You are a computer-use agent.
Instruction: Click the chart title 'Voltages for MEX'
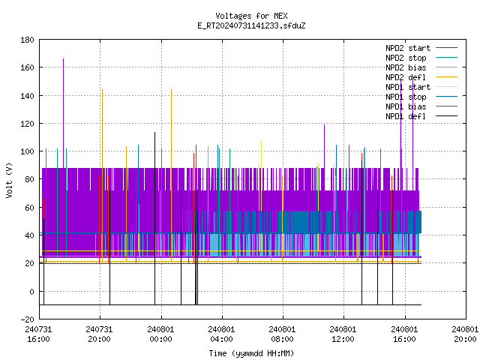tap(251, 16)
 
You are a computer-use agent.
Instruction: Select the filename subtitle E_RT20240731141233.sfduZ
tap(251, 25)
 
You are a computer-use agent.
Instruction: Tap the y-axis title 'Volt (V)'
tap(9, 180)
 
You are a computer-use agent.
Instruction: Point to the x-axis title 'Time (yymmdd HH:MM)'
tap(251, 353)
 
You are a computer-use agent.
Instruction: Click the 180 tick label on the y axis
tap(27, 40)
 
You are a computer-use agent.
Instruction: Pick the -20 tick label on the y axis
tap(27, 319)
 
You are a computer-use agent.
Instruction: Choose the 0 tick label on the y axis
tap(31, 292)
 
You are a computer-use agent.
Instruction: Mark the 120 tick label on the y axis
tap(27, 124)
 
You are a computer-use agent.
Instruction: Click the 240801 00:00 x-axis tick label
tap(160, 334)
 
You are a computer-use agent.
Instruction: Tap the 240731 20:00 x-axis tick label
tap(99, 334)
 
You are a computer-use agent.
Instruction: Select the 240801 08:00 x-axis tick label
tap(282, 334)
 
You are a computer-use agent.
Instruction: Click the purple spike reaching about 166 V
tap(63, 113)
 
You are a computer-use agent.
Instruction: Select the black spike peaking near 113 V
tap(155, 218)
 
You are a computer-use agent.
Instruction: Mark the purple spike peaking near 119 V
tap(325, 146)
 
